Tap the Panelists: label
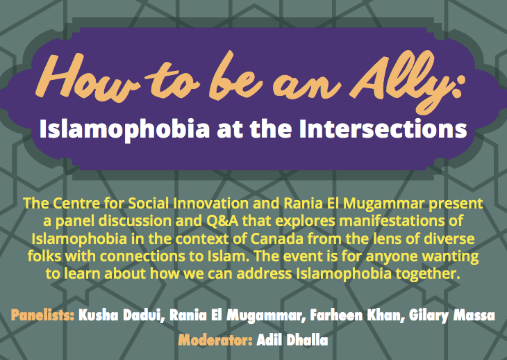click(x=42, y=316)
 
